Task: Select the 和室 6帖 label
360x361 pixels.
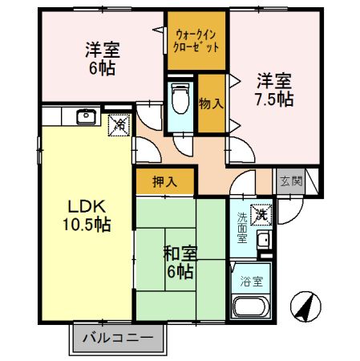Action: coord(179,262)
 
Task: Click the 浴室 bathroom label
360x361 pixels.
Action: coord(251,282)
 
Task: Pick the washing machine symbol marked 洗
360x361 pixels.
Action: coord(261,215)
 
